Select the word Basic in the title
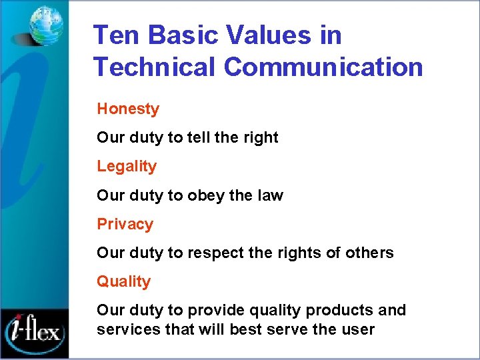[x=178, y=35]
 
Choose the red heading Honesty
[x=128, y=109]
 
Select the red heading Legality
[x=127, y=166]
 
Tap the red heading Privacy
[x=125, y=224]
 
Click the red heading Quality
[x=123, y=281]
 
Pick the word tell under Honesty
[x=199, y=137]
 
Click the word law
[x=270, y=195]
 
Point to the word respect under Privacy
[x=213, y=253]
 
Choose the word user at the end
[x=359, y=329]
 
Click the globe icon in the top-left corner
[x=46, y=25]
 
